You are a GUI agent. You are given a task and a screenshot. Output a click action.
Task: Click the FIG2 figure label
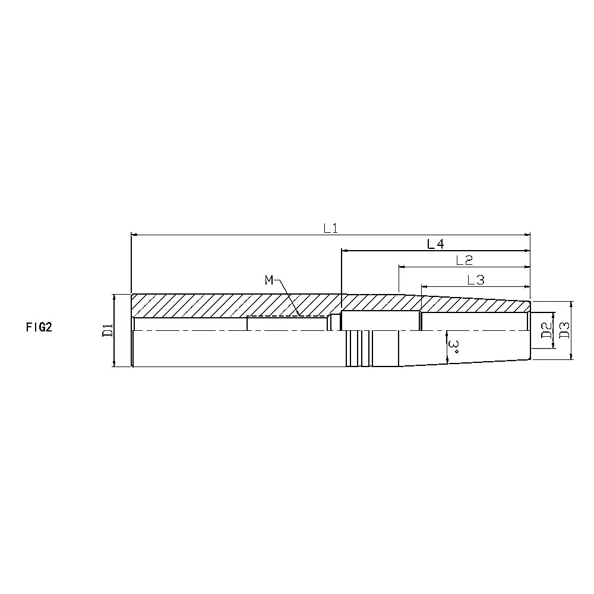pos(39,327)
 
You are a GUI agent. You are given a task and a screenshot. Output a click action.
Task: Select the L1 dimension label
pos(330,228)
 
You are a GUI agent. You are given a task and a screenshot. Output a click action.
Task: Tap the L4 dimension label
pos(435,244)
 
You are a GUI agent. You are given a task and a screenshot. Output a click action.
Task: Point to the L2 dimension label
pos(464,260)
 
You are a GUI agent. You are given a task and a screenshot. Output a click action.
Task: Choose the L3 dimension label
pos(475,280)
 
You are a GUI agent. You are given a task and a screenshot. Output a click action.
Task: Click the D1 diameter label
pos(108,330)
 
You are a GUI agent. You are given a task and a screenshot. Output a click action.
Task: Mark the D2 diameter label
pos(546,330)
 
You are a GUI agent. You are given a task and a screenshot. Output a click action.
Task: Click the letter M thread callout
pos(269,280)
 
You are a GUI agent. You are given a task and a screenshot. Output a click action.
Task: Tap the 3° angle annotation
pos(453,347)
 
